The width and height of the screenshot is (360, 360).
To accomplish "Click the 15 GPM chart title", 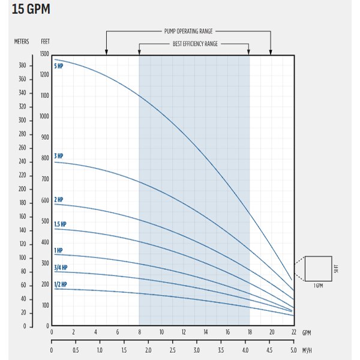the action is pos(31,10).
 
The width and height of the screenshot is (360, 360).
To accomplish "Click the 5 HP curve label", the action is pos(59,66).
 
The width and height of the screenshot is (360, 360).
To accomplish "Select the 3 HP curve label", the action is pos(59,156).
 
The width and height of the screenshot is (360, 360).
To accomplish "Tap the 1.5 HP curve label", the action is pos(60,224).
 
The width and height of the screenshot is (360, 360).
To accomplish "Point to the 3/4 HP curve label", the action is pos(61,268).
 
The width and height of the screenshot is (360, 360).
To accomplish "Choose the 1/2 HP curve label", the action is pos(61,284).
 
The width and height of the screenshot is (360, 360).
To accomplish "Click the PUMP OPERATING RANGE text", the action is pos(188,31).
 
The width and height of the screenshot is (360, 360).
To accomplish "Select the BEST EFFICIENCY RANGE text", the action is pos(195,44).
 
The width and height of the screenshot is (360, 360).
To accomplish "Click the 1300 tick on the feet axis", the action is pos(44,54).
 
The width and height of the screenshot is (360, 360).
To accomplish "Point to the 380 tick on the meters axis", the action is pos(23,65).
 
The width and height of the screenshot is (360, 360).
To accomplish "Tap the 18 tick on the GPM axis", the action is pos(250,332).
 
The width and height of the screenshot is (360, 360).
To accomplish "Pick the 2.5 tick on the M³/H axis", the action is pos(172,350).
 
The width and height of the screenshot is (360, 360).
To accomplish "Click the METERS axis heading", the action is pos(22,41).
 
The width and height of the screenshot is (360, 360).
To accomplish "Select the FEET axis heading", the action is pos(45,41).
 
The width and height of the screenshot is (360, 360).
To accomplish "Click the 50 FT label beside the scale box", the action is pos(337,269).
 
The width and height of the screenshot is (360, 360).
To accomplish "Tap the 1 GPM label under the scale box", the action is pos(319,286).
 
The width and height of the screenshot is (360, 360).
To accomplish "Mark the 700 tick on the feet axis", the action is pos(45,179).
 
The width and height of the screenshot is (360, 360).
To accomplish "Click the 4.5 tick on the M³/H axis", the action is pos(269,350).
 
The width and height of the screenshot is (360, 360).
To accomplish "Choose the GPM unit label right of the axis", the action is pos(307,332).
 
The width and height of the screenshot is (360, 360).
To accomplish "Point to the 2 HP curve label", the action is pos(59,200).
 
